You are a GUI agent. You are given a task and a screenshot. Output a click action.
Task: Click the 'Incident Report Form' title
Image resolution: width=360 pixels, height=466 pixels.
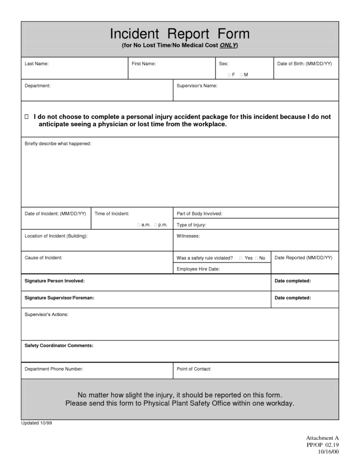pos(180,34)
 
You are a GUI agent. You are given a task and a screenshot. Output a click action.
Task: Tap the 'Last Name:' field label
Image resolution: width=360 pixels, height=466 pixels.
pos(36,63)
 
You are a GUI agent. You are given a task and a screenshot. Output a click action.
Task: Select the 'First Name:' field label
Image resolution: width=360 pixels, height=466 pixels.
pos(144,63)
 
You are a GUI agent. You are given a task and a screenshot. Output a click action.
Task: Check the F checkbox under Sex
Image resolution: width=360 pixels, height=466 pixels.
pos(229,75)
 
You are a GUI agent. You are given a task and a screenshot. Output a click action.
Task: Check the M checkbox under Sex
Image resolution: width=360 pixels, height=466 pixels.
pos(240,75)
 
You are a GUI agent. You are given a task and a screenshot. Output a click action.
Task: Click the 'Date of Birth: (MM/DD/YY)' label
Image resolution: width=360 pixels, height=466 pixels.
pos(304,63)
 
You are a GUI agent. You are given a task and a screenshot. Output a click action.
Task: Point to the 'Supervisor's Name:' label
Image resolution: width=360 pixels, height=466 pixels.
pos(197,86)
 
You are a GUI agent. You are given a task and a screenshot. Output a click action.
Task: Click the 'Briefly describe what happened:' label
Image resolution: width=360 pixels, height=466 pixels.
pos(58,143)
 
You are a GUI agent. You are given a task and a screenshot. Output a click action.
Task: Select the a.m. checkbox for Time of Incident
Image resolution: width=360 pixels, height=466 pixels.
pos(139,225)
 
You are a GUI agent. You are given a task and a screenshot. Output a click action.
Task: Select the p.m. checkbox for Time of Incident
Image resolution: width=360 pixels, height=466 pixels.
pos(156,225)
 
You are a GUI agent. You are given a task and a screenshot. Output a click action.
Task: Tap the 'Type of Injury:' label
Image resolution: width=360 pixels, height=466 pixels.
pos(191,225)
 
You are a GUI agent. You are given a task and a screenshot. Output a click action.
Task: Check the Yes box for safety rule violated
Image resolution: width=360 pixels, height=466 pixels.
pos(240,258)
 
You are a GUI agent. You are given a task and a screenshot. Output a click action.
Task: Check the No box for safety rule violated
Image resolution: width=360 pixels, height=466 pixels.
pos(256,258)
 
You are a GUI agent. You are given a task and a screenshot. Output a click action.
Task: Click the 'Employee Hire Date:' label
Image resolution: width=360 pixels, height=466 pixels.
pos(198,269)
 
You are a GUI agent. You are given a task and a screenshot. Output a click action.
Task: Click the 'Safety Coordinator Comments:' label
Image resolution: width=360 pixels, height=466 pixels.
pos(59,346)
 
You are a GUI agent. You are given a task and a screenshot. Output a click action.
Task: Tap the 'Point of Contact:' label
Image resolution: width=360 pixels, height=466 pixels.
pos(194,369)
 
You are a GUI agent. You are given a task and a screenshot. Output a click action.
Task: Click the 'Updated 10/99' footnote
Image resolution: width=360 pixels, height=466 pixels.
pos(37,423)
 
